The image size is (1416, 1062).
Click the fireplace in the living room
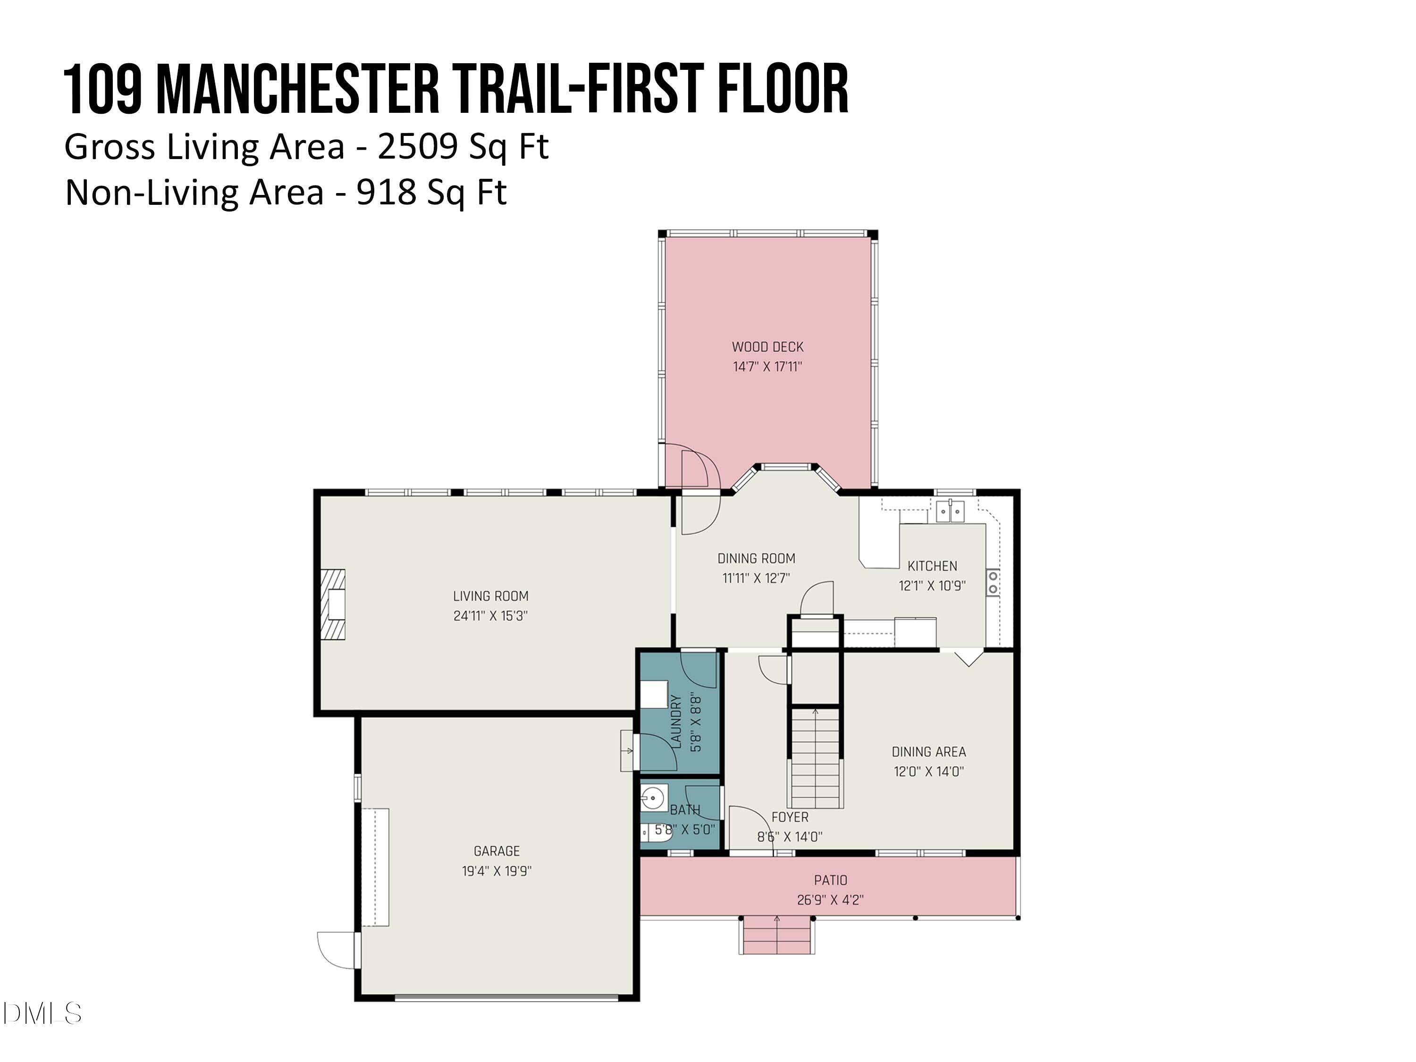333,604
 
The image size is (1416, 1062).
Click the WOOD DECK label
767,347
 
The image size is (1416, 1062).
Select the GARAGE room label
497,851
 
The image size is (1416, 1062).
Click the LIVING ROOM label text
491,597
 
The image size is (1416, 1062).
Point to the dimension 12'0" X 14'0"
928,771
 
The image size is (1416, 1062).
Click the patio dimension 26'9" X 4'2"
830,900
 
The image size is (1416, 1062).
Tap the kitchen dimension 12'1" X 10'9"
932,586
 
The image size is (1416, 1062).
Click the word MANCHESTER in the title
298,89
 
